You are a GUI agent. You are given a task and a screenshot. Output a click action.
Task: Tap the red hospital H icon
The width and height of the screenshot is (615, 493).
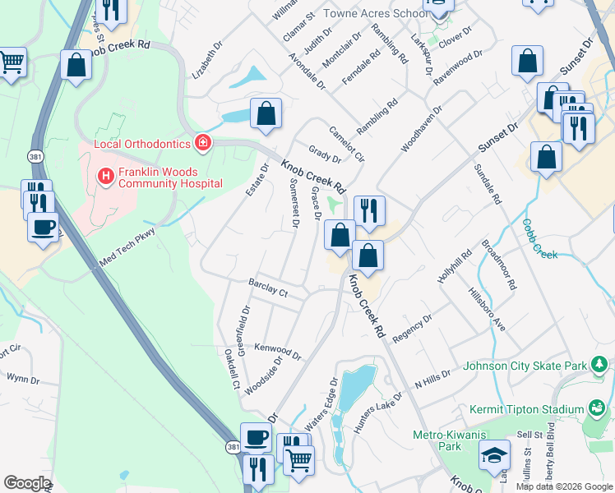tap(104, 176)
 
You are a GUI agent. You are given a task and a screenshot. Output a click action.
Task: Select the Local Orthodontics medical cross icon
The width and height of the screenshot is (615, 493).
tap(202, 144)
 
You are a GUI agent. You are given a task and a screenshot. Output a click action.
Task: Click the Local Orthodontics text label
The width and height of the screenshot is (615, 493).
tap(142, 145)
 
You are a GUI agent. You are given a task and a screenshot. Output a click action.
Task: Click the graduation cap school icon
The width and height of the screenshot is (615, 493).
tap(494, 454)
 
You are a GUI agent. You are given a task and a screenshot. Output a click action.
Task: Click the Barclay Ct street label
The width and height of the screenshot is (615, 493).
tap(268, 288)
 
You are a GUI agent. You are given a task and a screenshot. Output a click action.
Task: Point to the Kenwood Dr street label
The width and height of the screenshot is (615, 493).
tap(277, 351)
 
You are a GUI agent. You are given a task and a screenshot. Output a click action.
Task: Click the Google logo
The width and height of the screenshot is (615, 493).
tap(27, 483)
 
